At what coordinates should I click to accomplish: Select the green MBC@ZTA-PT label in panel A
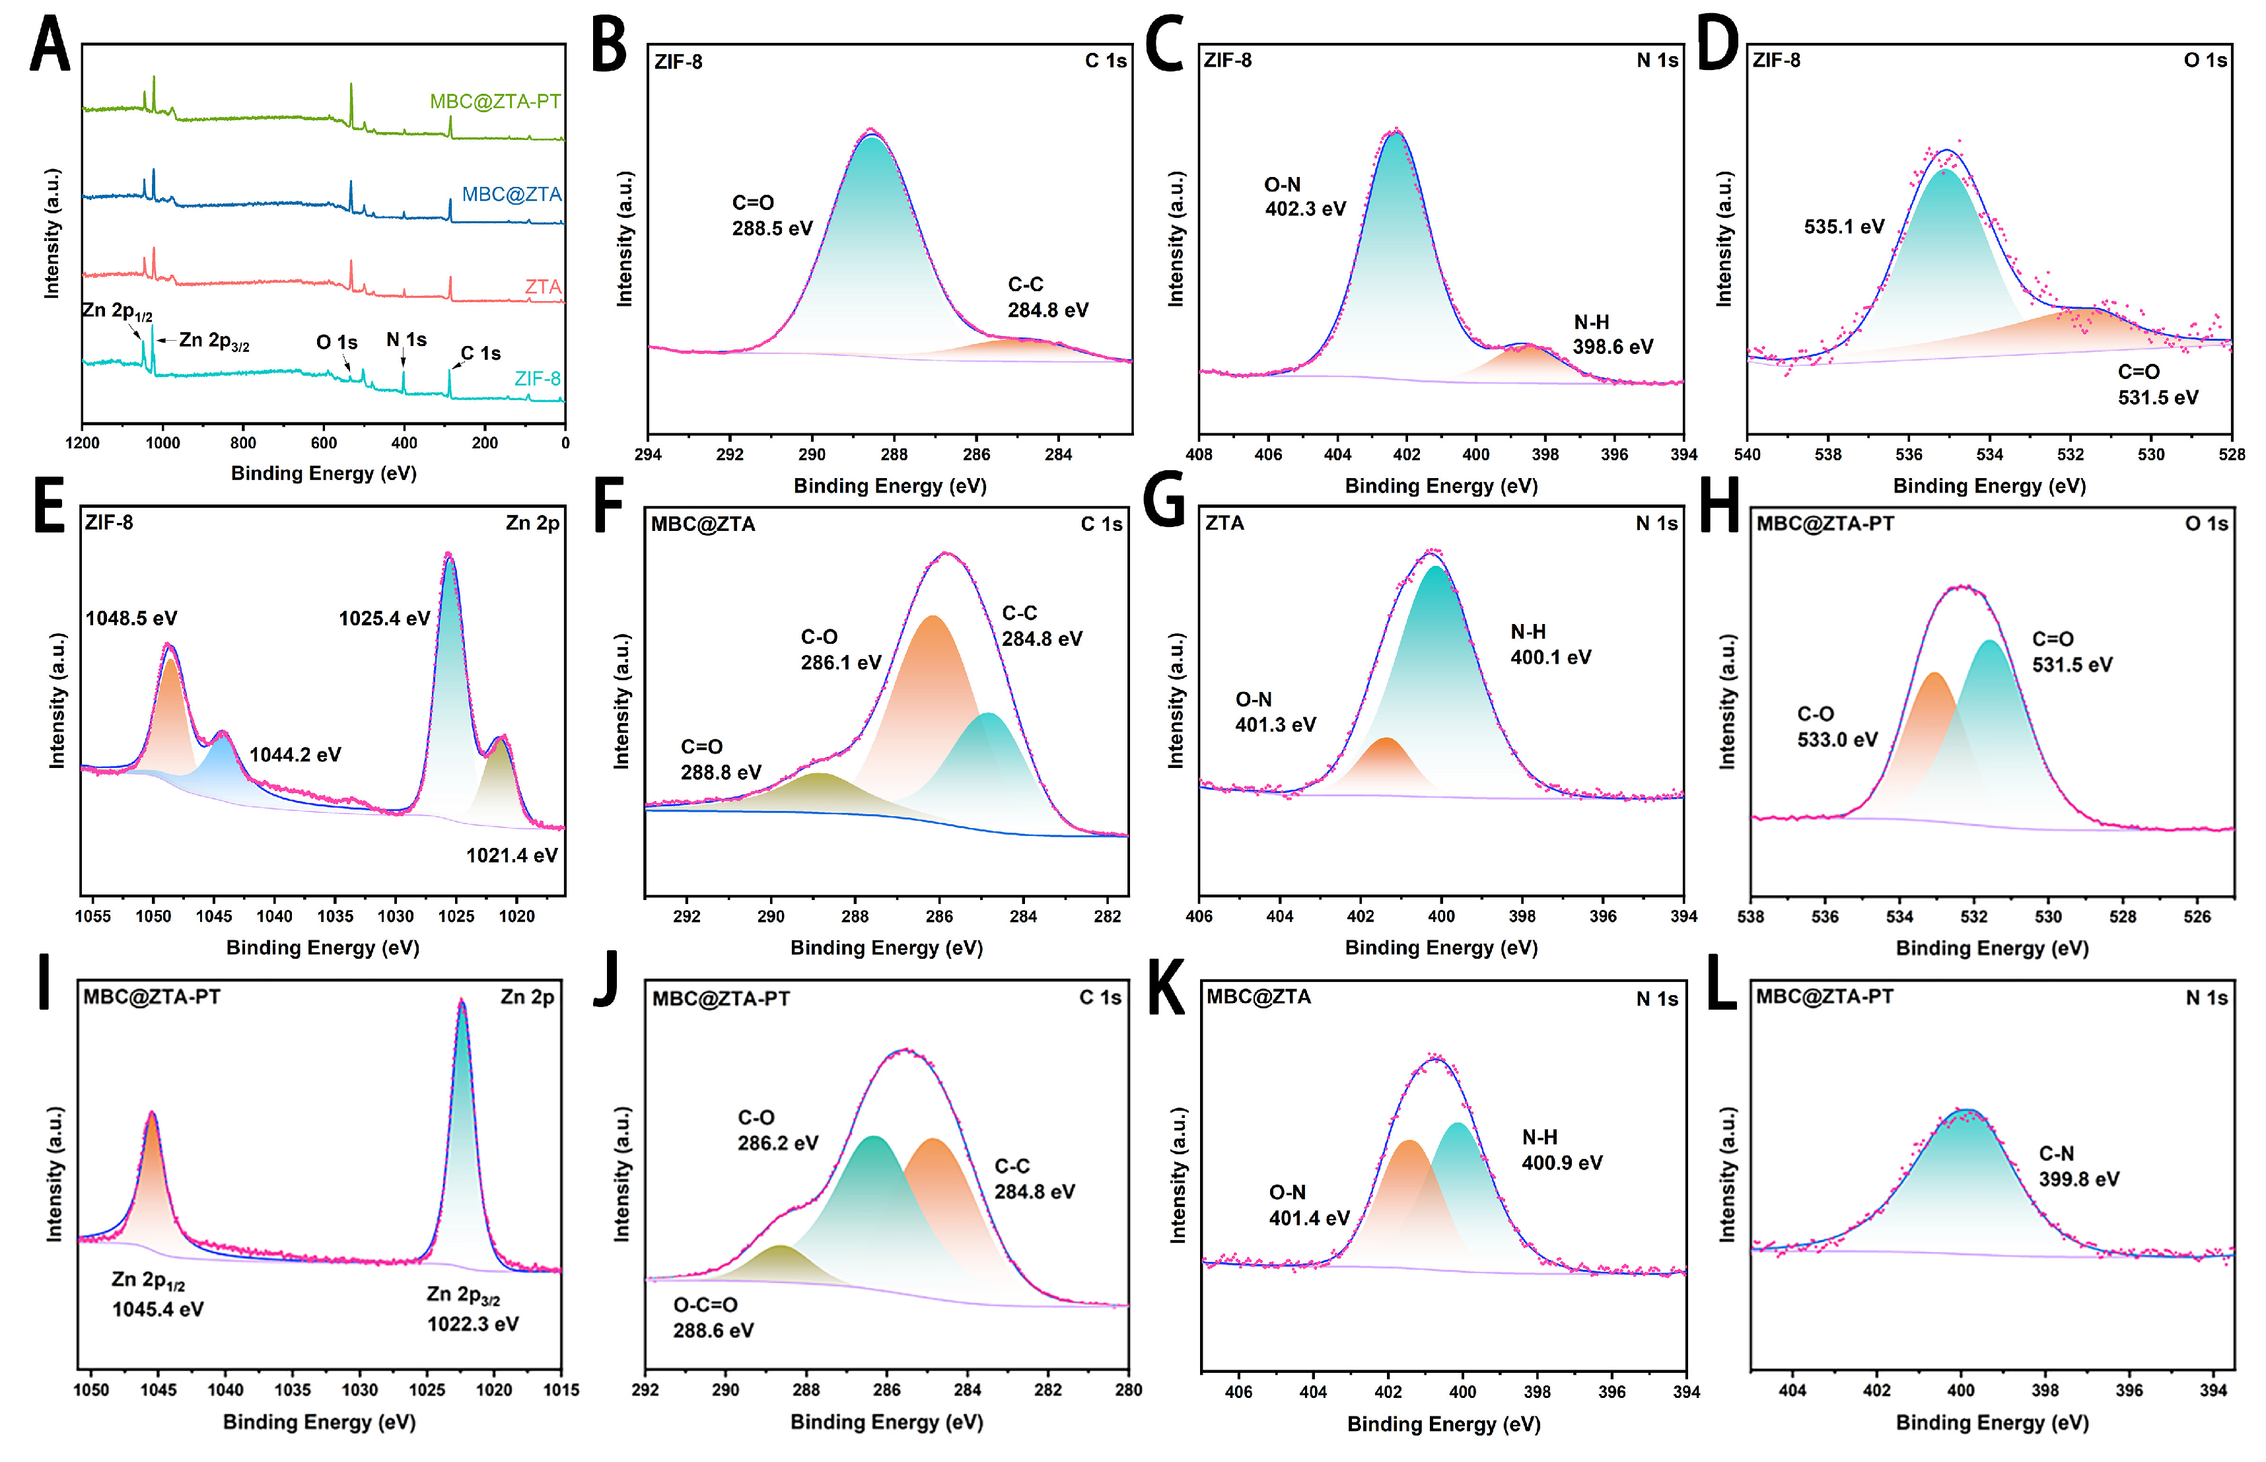[x=495, y=102]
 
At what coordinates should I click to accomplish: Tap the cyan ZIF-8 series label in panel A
[x=538, y=379]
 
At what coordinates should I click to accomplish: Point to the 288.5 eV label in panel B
[x=772, y=228]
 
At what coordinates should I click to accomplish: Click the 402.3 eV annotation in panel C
[x=1304, y=209]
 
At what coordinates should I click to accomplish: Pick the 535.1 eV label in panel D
[x=1843, y=227]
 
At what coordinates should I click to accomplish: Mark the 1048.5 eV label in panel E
[x=131, y=619]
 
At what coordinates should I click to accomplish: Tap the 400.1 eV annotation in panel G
[x=1550, y=657]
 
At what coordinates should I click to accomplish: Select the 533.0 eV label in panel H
[x=1837, y=740]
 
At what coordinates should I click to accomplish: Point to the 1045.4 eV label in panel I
[x=158, y=1310]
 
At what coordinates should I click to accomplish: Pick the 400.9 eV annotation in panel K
[x=1561, y=1163]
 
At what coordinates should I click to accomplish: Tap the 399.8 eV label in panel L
[x=2079, y=1179]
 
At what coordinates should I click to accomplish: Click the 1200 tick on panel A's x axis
[x=83, y=443]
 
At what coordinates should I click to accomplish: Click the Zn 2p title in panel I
[x=527, y=997]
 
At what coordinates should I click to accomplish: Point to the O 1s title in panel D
[x=2205, y=61]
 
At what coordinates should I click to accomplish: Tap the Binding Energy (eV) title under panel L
[x=1992, y=1422]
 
